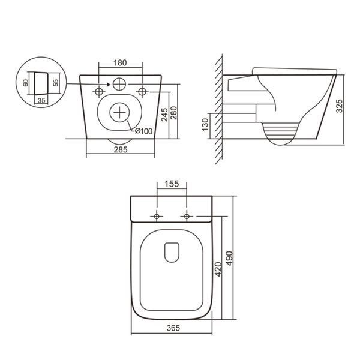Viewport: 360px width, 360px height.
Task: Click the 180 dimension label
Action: point(120,62)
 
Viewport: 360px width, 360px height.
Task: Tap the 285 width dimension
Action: point(121,149)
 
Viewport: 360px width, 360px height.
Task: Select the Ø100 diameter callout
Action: point(143,131)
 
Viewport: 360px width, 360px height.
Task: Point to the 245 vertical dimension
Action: point(164,114)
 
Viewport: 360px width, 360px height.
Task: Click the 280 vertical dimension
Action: point(174,113)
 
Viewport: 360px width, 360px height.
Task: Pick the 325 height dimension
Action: point(339,106)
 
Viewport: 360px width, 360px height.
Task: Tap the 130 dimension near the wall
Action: point(205,125)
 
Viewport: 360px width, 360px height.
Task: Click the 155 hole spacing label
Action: point(172,184)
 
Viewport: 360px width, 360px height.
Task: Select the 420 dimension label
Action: point(218,269)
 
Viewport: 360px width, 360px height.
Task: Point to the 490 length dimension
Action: point(229,259)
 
